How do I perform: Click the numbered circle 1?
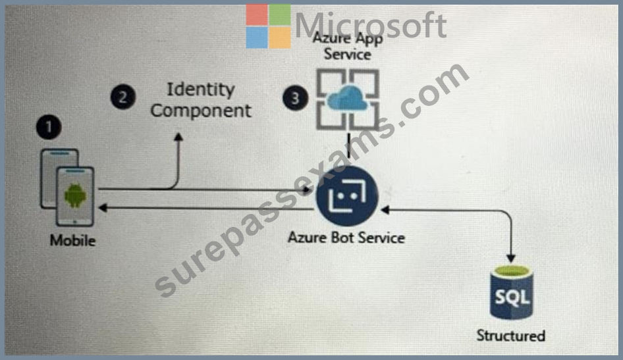pyautogui.click(x=49, y=127)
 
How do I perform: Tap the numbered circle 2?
pyautogui.click(x=122, y=97)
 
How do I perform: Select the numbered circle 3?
pyautogui.click(x=295, y=98)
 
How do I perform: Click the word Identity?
pyautogui.click(x=201, y=90)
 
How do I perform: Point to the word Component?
pyautogui.click(x=201, y=111)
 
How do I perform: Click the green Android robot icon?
pyautogui.click(x=75, y=195)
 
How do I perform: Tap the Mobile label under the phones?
pyautogui.click(x=72, y=240)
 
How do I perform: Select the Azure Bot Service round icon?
pyautogui.click(x=347, y=196)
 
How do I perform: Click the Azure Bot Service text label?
pyautogui.click(x=346, y=238)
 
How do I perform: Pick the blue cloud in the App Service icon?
pyautogui.click(x=348, y=99)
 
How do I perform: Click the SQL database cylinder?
pyautogui.click(x=511, y=293)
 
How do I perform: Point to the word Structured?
pyautogui.click(x=511, y=336)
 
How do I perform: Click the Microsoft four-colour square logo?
pyautogui.click(x=268, y=26)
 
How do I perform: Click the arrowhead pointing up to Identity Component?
pyautogui.click(x=178, y=137)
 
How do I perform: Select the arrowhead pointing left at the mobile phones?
pyautogui.click(x=103, y=207)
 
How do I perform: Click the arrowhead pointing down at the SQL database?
pyautogui.click(x=511, y=259)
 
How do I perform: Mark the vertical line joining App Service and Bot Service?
pyautogui.click(x=349, y=145)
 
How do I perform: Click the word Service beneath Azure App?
pyautogui.click(x=347, y=54)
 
